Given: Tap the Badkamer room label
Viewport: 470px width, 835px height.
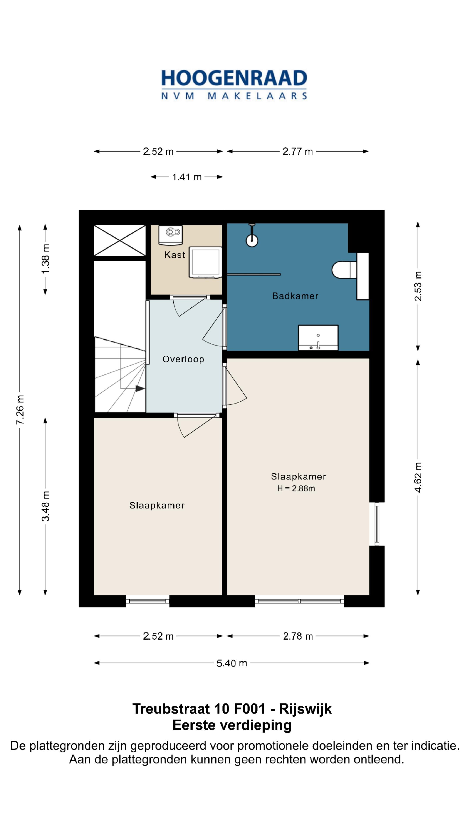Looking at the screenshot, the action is pyautogui.click(x=295, y=296).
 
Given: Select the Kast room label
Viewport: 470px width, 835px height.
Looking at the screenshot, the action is pyautogui.click(x=175, y=255).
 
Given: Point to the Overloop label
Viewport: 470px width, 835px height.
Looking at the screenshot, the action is pyautogui.click(x=183, y=359).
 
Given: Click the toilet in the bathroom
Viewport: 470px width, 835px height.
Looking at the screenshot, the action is pyautogui.click(x=344, y=270).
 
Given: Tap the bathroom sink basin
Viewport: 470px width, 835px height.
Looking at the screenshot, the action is pyautogui.click(x=318, y=338).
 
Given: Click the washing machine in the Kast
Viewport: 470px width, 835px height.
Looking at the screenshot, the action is pyautogui.click(x=205, y=262).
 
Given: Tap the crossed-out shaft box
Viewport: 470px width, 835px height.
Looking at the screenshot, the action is pyautogui.click(x=120, y=240).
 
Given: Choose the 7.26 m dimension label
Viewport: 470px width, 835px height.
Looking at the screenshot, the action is pyautogui.click(x=20, y=410).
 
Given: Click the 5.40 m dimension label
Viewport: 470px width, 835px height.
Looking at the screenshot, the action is pyautogui.click(x=232, y=663).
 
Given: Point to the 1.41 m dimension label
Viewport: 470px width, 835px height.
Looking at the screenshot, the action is pyautogui.click(x=187, y=177).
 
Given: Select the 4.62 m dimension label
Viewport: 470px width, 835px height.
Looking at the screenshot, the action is pyautogui.click(x=418, y=478).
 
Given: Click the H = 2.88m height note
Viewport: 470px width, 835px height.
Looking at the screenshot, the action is pyautogui.click(x=296, y=488).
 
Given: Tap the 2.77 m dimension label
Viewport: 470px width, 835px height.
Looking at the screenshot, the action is pyautogui.click(x=297, y=151).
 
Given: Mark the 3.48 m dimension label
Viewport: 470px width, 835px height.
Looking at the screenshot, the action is pyautogui.click(x=45, y=506).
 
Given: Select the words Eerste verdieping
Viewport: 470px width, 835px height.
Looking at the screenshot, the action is pyautogui.click(x=232, y=725).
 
